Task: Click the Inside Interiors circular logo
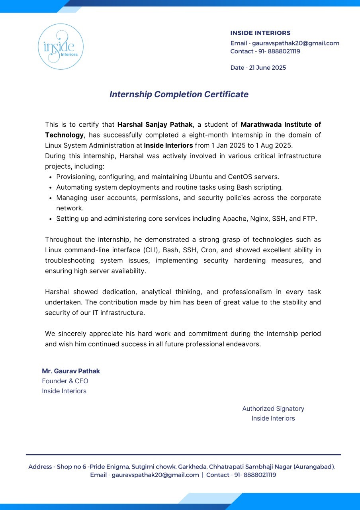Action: click(61, 47)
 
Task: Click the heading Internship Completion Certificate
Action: click(179, 94)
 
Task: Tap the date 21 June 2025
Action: click(267, 68)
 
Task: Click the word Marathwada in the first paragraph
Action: click(259, 125)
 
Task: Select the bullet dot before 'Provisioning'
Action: click(51, 177)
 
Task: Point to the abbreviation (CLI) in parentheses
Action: click(150, 250)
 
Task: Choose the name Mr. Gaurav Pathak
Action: click(71, 371)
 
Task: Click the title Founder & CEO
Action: click(65, 381)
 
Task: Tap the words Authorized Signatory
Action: click(273, 408)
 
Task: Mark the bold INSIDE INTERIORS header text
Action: click(260, 33)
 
